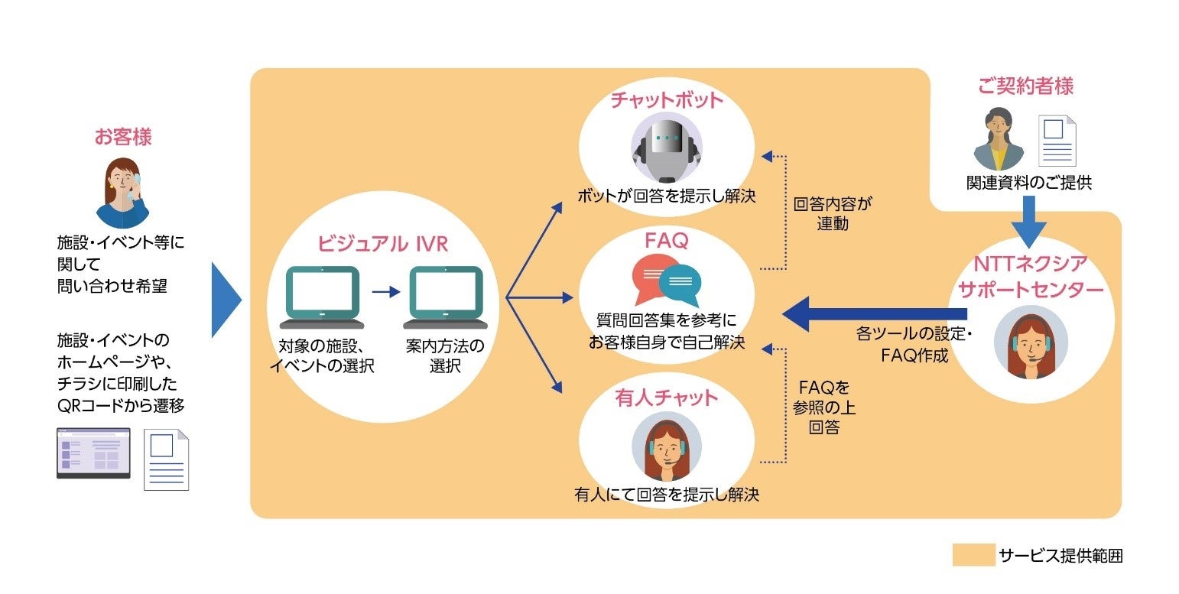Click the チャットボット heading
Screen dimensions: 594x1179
pos(666,101)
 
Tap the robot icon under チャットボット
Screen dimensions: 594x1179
pos(666,149)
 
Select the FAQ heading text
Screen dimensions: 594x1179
pos(666,241)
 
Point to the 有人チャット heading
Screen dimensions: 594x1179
pos(666,398)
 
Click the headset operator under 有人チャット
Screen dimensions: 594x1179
pos(666,451)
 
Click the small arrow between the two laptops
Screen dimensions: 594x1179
pos(385,291)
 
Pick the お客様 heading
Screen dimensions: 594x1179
pos(123,138)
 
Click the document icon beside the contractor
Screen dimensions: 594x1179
pos(1056,141)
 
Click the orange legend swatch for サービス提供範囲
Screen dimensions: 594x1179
pos(973,555)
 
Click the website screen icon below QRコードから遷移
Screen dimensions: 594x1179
pos(93,453)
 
